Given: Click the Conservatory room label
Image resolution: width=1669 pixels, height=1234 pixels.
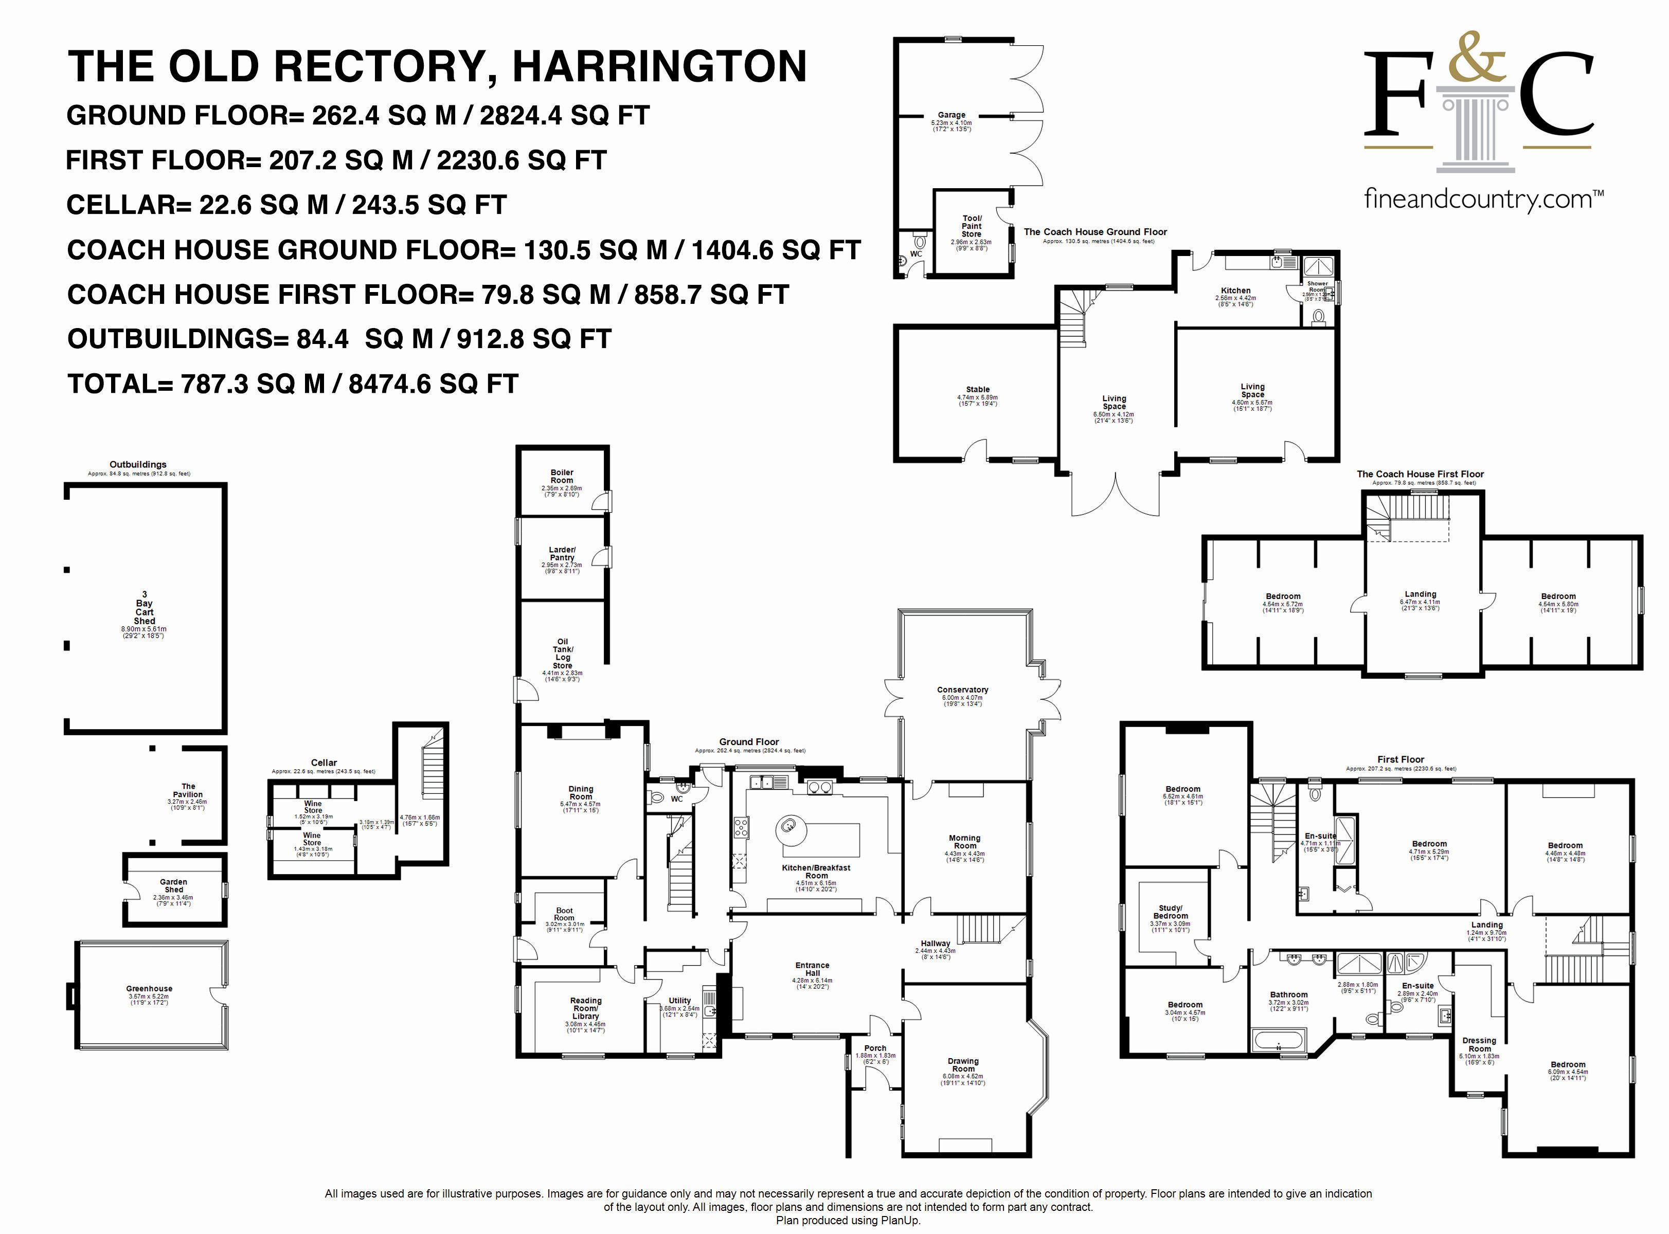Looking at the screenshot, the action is (x=962, y=690).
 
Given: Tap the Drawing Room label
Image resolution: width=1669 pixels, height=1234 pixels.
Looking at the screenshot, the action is (x=963, y=1064).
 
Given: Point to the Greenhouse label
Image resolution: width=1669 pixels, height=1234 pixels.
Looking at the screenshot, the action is (x=150, y=988).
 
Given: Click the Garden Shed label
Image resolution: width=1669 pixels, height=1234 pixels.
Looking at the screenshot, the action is (x=173, y=885).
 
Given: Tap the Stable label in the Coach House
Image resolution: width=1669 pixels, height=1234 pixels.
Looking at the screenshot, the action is (x=977, y=389).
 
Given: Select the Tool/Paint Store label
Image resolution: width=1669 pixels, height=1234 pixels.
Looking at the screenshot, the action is (x=971, y=226).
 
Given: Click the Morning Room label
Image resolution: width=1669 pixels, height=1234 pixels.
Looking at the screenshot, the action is (x=964, y=842).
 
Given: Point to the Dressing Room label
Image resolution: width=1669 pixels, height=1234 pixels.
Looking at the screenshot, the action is (x=1479, y=1044).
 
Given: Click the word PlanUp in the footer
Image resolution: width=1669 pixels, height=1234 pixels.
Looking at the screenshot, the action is (x=903, y=1221).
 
